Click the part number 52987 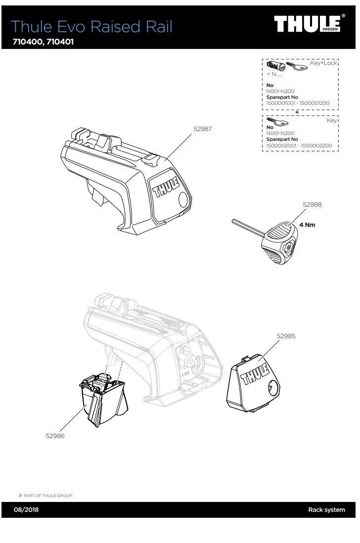[202, 129]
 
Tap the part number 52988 [312, 204]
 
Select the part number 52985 [286, 336]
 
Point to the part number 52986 [55, 436]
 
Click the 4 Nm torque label [307, 225]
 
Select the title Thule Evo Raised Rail [91, 26]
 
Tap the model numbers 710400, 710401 [43, 42]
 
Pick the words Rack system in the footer [326, 510]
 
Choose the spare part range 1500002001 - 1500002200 [299, 146]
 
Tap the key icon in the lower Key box [274, 120]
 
